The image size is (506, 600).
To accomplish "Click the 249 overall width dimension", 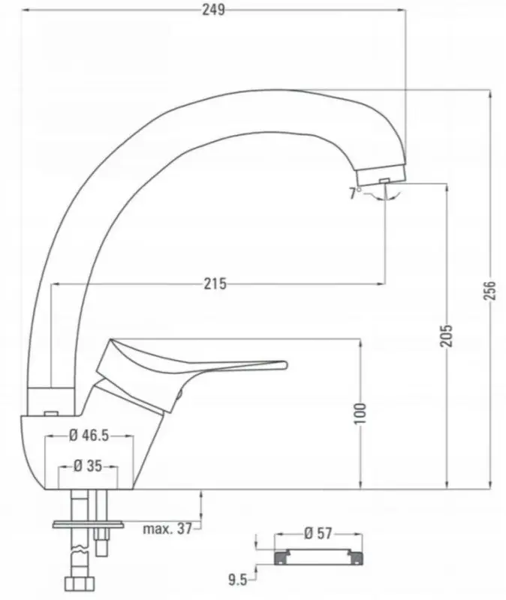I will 213,9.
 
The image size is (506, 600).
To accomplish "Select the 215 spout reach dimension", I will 215,283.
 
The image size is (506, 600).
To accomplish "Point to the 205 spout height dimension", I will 446,335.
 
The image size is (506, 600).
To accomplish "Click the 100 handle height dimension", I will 360,412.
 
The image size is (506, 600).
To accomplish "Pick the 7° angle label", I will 354,193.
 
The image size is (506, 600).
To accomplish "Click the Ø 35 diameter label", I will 88,466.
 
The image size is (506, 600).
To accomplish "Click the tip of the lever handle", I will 283,365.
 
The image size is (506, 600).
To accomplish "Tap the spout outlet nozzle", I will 383,177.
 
